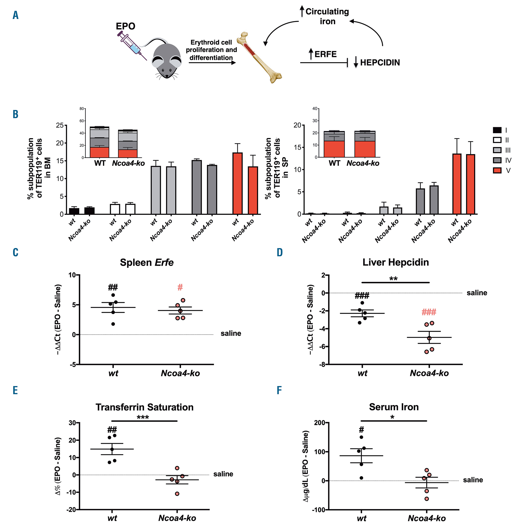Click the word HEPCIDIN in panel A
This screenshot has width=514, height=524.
[380, 63]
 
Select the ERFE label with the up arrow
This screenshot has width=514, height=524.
[323, 54]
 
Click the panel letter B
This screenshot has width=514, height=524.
[15, 114]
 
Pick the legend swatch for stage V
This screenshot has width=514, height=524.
[497, 170]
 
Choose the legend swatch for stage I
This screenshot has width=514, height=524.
[497, 130]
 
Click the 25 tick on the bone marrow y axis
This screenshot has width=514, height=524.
[60, 125]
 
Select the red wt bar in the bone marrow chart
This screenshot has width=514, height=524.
[237, 183]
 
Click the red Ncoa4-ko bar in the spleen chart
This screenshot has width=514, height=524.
[471, 184]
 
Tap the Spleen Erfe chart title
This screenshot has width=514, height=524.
[146, 262]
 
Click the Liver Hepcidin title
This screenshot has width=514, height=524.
[396, 262]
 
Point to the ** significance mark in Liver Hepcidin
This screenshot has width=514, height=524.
[393, 279]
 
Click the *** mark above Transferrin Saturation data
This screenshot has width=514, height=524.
[143, 417]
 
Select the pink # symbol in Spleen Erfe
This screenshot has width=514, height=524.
[180, 288]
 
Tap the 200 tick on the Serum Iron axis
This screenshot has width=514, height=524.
[319, 422]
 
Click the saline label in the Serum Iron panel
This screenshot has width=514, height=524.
[473, 480]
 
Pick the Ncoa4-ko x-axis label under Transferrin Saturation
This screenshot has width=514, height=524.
[177, 518]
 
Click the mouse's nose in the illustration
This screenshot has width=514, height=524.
[167, 76]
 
